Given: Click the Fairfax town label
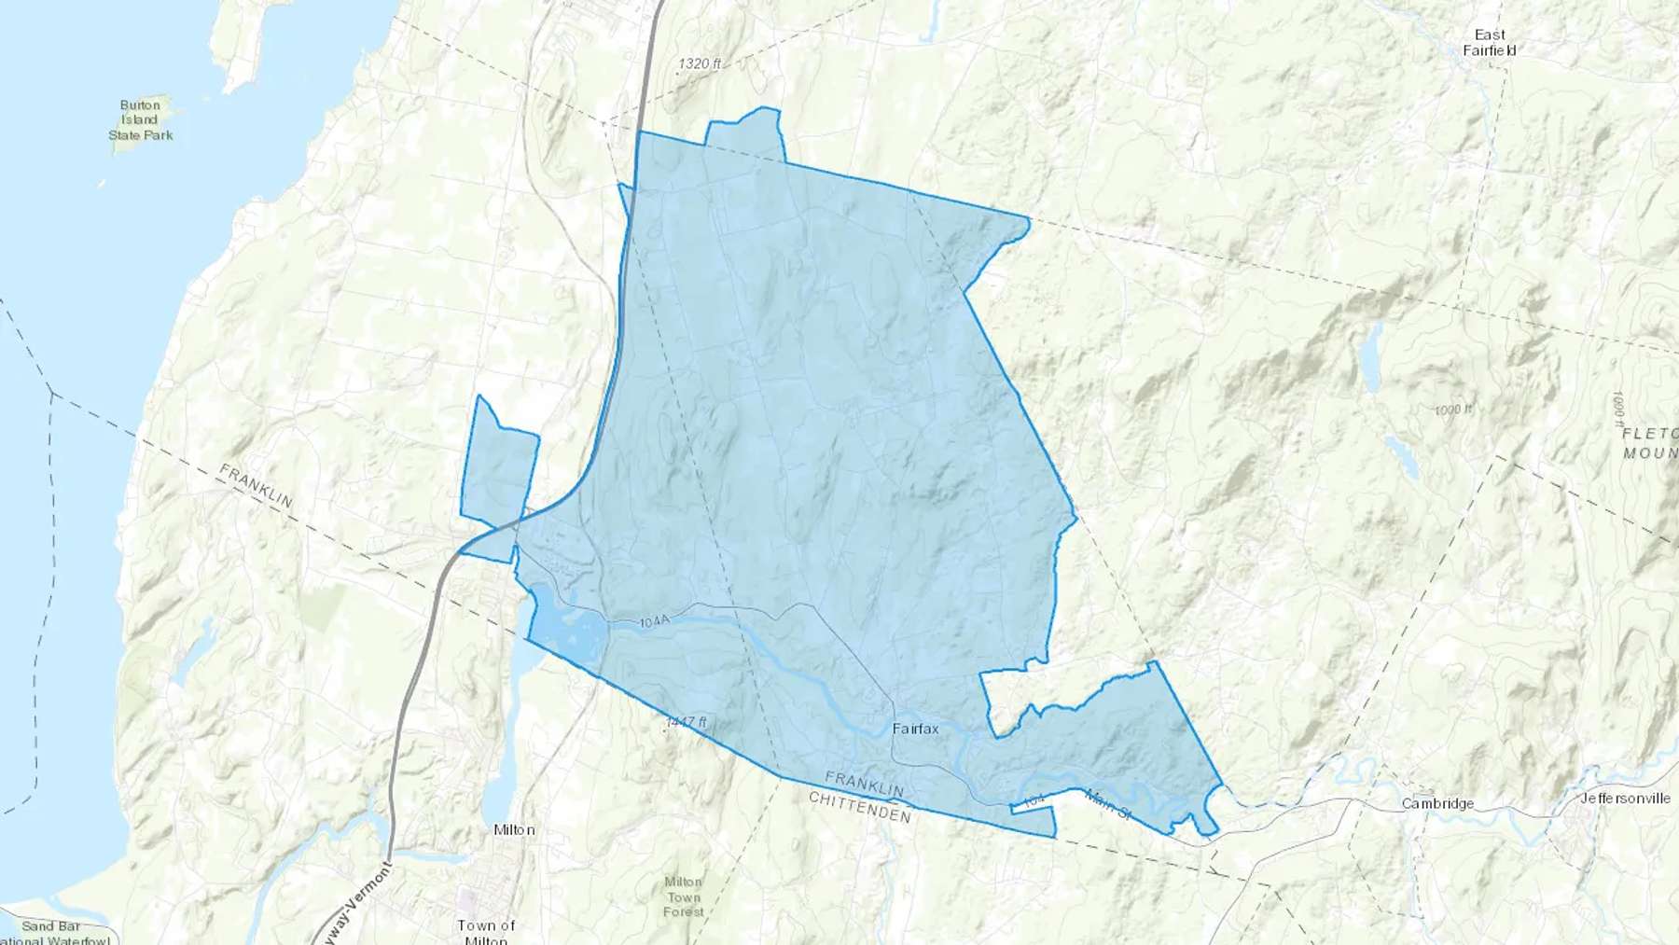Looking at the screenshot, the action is tap(915, 729).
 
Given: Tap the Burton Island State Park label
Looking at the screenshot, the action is tap(140, 120).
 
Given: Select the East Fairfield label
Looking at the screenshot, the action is tap(1489, 43).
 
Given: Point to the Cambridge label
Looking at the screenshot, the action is tap(1437, 803).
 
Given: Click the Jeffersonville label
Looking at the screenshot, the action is tap(1625, 799).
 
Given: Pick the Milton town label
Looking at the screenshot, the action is tap(514, 829).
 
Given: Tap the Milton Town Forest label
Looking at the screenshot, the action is tap(683, 896).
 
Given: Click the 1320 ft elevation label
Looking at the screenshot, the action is tap(700, 63).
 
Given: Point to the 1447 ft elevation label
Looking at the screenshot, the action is tap(687, 723).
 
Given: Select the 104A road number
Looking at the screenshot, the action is tap(655, 621).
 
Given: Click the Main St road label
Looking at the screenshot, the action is tap(1107, 804).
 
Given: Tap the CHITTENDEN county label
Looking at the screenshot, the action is tap(859, 807).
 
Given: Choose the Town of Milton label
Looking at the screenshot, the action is tap(486, 932).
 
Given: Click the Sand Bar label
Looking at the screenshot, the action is tap(51, 926).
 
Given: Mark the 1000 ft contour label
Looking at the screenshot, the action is tap(1453, 410).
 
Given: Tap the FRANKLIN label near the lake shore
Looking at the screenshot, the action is tap(256, 486).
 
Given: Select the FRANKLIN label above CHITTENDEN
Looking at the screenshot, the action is tap(864, 784).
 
